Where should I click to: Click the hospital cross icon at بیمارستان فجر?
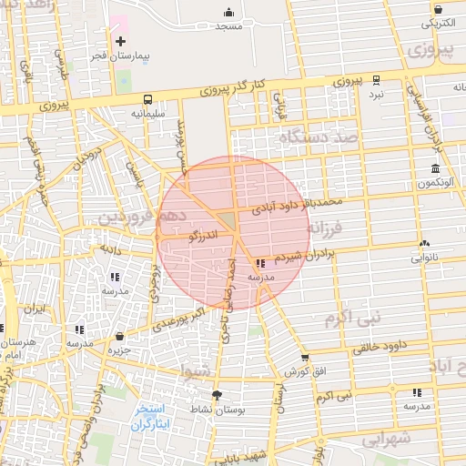coord(120,41)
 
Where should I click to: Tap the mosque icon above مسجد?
coord(228,13)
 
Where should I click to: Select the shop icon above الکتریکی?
coord(438,7)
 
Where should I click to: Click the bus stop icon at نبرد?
coord(376,80)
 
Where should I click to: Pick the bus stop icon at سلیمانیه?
coord(147,99)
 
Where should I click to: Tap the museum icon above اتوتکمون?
coord(435,169)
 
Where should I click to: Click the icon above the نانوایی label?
coord(424,243)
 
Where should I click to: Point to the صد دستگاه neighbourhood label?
coord(320,137)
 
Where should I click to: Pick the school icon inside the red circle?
coord(262,263)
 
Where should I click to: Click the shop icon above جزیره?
coord(119,336)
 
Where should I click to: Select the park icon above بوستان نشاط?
coord(216,395)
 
